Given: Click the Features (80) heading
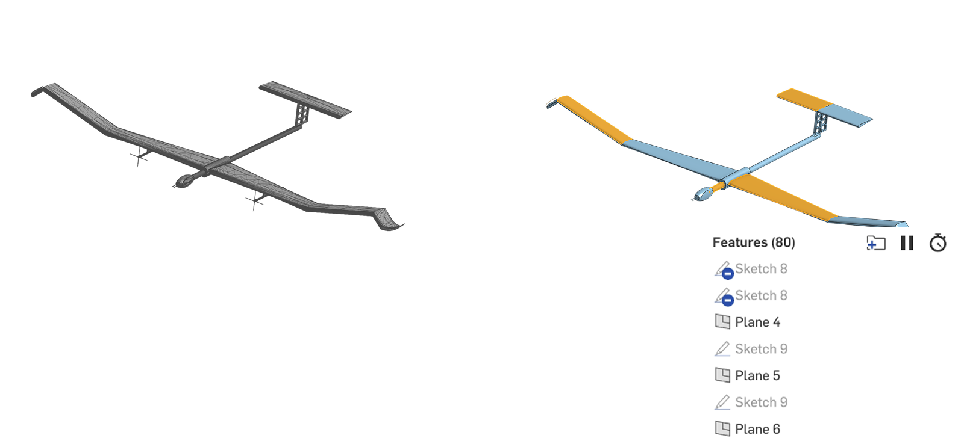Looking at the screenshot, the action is [754, 242].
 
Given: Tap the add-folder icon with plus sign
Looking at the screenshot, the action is [875, 243].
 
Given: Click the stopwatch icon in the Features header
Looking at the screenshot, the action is [937, 243].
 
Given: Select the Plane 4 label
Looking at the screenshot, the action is [757, 322].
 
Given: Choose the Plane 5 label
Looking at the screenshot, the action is [757, 376].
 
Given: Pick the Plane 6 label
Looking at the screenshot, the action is [757, 430].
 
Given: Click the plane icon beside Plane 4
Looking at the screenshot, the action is [722, 322].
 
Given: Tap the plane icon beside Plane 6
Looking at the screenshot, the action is [722, 429].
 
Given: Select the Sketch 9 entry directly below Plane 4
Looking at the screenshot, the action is [761, 349].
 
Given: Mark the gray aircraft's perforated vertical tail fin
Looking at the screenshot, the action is [302, 114].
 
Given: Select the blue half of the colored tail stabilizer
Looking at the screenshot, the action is [850, 115].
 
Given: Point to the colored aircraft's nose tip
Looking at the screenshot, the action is [695, 197].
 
